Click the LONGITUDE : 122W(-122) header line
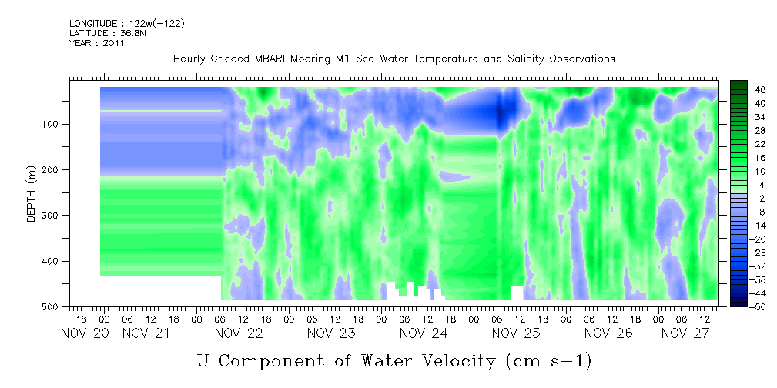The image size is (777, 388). (127, 24)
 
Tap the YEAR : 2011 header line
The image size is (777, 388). (97, 43)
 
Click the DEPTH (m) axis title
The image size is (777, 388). (32, 193)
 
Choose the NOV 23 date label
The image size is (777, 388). (331, 333)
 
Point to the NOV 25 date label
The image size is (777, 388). (515, 333)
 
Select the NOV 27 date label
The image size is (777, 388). (686, 333)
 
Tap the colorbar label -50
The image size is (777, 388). (759, 306)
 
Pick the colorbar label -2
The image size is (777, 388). (759, 198)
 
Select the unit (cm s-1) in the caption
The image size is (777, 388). (548, 362)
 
